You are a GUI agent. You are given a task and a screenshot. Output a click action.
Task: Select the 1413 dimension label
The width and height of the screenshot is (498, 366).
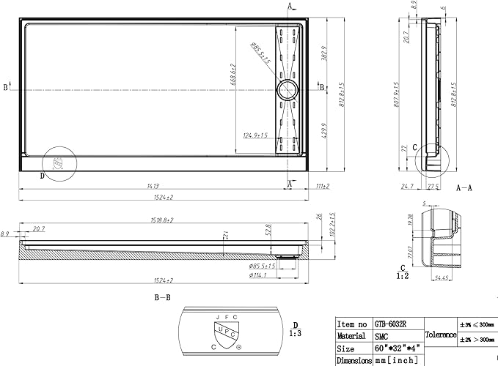coord(154,186)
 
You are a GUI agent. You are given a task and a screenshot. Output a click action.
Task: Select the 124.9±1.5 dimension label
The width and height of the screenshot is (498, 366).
coord(255,135)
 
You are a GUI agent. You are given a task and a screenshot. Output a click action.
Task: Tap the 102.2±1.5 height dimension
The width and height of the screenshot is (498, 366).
coord(332,223)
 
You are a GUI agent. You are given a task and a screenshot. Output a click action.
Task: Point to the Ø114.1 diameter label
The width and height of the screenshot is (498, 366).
coord(258,275)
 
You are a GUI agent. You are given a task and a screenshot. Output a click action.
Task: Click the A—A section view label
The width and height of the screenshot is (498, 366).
coord(464,187)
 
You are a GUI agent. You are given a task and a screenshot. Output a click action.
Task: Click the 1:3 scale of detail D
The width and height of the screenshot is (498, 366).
coord(295,333)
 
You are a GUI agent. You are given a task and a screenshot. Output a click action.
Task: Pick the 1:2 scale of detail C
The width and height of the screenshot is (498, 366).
coord(403,276)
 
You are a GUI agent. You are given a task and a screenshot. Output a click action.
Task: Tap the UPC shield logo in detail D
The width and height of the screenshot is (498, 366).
coord(228,330)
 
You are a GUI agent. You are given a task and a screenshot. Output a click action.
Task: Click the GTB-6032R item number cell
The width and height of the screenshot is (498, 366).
coord(396,323)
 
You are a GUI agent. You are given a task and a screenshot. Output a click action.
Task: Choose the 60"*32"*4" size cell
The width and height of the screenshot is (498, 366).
coord(396,348)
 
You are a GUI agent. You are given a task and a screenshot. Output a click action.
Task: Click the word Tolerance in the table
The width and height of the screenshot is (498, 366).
coord(439,335)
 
